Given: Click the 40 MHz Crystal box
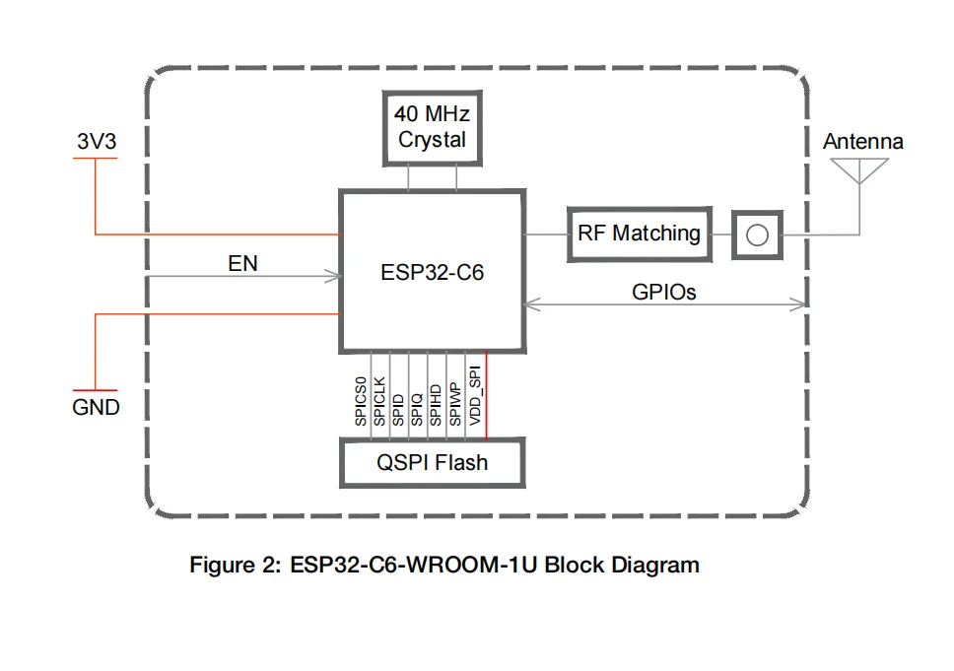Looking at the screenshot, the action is coord(433,128).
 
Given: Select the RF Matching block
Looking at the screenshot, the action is coord(640,235).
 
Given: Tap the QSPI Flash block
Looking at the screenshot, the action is coord(433,462).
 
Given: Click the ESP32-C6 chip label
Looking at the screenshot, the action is coord(432,273).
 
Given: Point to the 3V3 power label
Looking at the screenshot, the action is coord(97,141).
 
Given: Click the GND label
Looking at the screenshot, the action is coord(97,407).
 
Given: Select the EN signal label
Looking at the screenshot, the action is coord(242,263).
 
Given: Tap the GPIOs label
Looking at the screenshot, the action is coord(664,292).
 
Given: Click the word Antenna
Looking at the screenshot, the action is coord(862,141).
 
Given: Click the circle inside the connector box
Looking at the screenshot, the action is coord(757,235).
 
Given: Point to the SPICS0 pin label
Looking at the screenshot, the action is coord(361,401).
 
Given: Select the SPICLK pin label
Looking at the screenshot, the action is coord(379,401).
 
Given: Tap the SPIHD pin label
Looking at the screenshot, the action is coord(436,405).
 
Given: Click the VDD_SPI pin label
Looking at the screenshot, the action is coord(475,395).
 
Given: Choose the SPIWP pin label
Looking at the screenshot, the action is coord(454,405).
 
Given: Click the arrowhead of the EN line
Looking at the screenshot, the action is coord(333,276).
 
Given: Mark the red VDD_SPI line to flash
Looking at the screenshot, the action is coord(486,395).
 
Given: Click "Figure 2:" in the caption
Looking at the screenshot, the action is coord(236,566).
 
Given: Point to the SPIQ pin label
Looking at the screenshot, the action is coord(417,410).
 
